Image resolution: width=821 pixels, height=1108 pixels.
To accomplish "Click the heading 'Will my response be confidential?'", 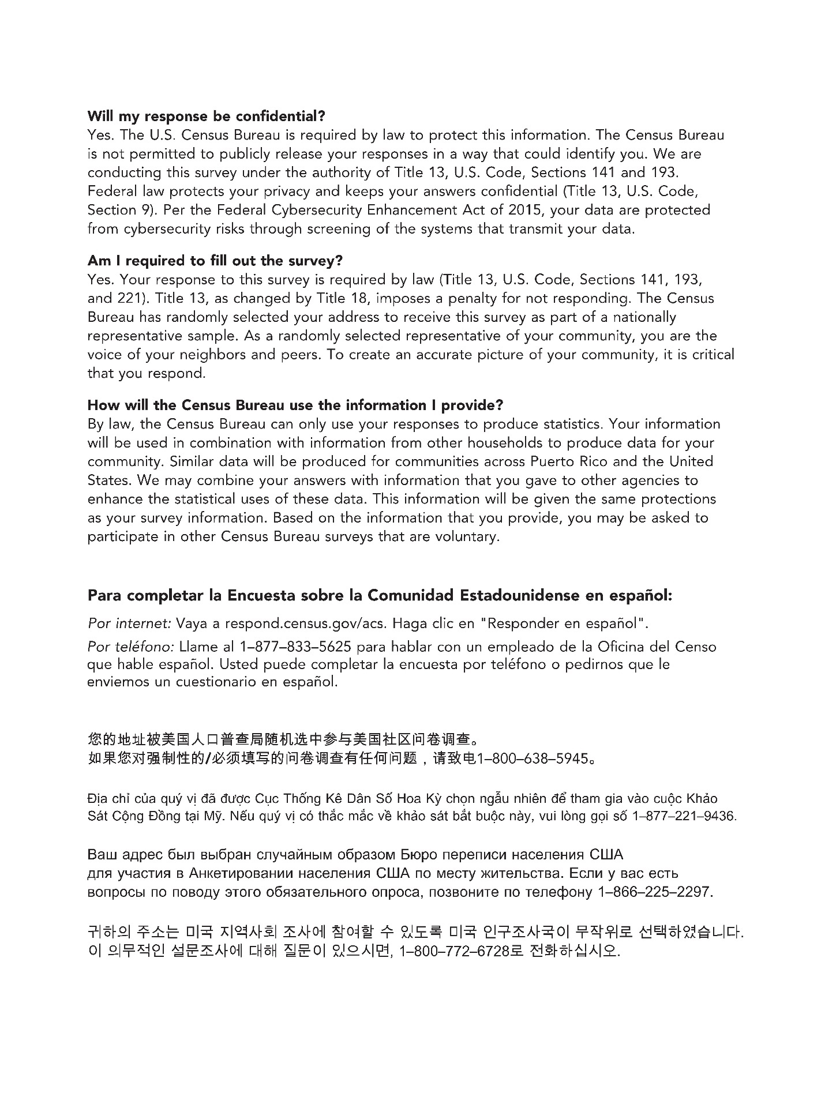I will pos(206,116).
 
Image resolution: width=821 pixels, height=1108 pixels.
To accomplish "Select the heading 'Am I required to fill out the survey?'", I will pos(215,261).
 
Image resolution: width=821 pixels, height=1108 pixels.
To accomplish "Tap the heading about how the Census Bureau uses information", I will pos(295,405).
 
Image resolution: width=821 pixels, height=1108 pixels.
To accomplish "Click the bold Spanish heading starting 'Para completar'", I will pos(380,595).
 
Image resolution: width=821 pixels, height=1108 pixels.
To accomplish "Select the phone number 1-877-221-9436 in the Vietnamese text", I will pos(684,817).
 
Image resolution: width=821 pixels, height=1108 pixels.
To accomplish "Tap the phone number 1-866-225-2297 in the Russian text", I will pos(655,892).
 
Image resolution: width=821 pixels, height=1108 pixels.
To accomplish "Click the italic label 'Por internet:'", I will pos(129,624).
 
